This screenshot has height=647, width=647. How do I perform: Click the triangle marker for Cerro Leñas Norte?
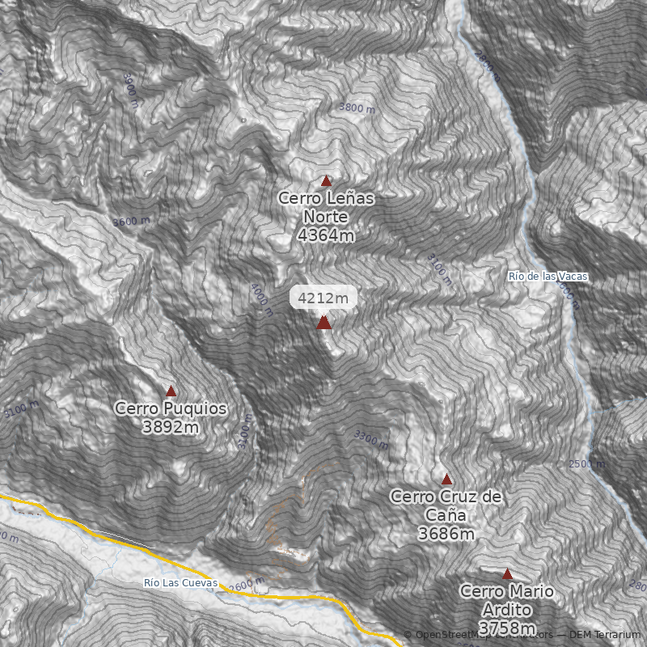coord(327,181)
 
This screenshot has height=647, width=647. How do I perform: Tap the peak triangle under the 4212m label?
coord(323,323)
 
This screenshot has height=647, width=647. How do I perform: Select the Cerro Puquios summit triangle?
coord(171,391)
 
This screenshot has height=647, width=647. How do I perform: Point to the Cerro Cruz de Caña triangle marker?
coord(446,480)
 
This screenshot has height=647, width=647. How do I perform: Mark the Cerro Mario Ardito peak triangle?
coord(507,574)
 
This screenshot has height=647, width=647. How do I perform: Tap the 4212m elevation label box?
coord(323,298)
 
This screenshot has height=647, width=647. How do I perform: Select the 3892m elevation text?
coord(171,427)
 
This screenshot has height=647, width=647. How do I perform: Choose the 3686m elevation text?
coord(446,534)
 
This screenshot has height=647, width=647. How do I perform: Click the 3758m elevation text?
coord(507,628)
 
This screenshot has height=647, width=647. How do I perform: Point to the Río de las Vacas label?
coord(548,277)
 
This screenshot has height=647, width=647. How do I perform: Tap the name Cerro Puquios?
coord(171,408)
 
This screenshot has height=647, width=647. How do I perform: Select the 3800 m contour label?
coord(357,108)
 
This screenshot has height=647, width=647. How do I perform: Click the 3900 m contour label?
coord(130,85)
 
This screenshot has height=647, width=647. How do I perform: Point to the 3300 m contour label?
coord(371,440)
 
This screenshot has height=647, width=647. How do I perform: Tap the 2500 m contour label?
coord(586,464)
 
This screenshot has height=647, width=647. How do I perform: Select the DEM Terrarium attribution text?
coord(604,635)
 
